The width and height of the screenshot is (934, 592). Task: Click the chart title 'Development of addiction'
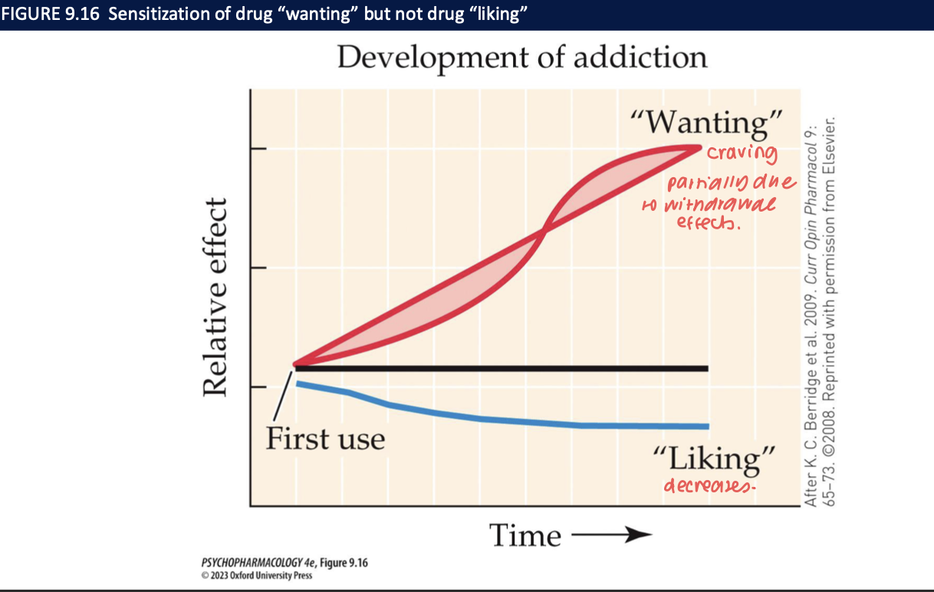pyautogui.click(x=521, y=58)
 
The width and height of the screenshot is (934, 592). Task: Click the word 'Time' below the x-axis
pyautogui.click(x=525, y=534)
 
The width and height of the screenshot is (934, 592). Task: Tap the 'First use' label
pyautogui.click(x=325, y=439)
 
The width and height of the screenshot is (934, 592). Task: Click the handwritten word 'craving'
pyautogui.click(x=741, y=153)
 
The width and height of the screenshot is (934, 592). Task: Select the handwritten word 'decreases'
pyautogui.click(x=704, y=486)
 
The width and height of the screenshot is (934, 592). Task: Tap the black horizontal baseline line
pyautogui.click(x=498, y=369)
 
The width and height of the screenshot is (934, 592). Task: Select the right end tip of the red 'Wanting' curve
pyautogui.click(x=699, y=146)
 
